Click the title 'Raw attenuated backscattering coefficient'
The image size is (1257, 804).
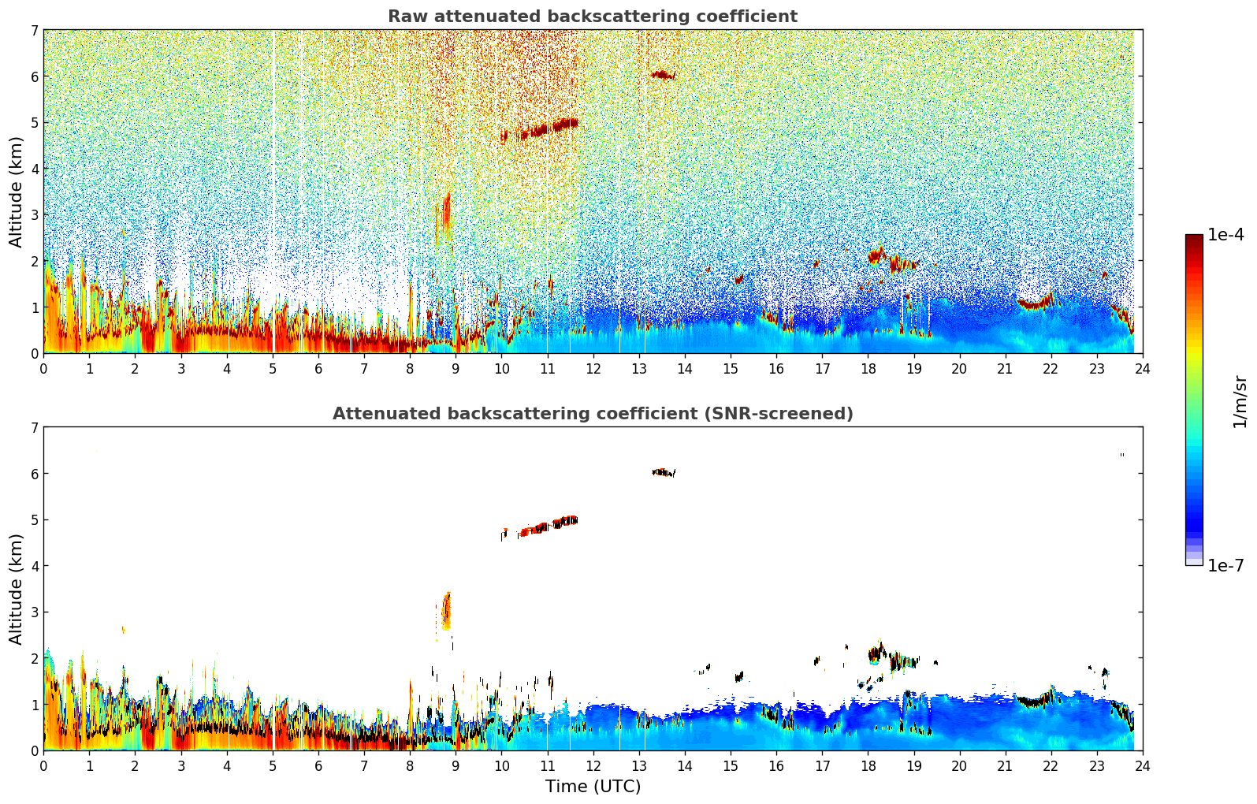click(592, 17)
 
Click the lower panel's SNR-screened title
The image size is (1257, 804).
click(592, 414)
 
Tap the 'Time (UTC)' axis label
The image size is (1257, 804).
click(593, 787)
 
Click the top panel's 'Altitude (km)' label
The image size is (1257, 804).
click(16, 192)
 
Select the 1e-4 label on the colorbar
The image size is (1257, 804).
click(1225, 235)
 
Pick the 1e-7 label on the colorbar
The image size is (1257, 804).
click(1225, 565)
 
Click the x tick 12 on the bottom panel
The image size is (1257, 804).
click(593, 765)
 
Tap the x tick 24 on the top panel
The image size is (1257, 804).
click(1142, 368)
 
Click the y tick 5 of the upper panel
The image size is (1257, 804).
click(35, 122)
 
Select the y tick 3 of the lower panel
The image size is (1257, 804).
click(35, 612)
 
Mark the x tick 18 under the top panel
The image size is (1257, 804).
click(868, 368)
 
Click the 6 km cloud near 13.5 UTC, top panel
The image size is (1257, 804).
click(662, 75)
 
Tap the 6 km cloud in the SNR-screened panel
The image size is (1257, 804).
click(663, 472)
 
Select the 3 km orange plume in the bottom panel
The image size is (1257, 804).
click(446, 611)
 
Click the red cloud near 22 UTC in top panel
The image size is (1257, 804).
click(1036, 303)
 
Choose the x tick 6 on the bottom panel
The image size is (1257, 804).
click(318, 765)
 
